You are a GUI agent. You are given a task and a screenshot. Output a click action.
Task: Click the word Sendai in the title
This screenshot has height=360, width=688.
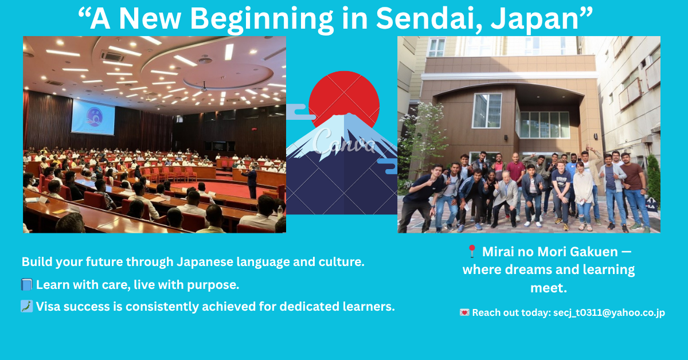coord(429,19)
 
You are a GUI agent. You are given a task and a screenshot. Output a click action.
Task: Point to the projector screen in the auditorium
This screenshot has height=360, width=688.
coord(93,117)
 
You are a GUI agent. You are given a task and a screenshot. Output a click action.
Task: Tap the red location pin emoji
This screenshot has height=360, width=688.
coord(472,251)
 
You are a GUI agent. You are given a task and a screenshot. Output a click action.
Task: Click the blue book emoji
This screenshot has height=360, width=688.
coord(27,284)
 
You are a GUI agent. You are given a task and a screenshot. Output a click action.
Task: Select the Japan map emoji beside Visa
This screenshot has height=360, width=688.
coord(27,306)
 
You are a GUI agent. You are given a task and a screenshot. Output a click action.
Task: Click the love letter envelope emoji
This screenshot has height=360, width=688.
coord(464,312)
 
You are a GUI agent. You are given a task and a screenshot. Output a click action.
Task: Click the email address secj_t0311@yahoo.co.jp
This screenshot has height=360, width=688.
coord(609,312)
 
